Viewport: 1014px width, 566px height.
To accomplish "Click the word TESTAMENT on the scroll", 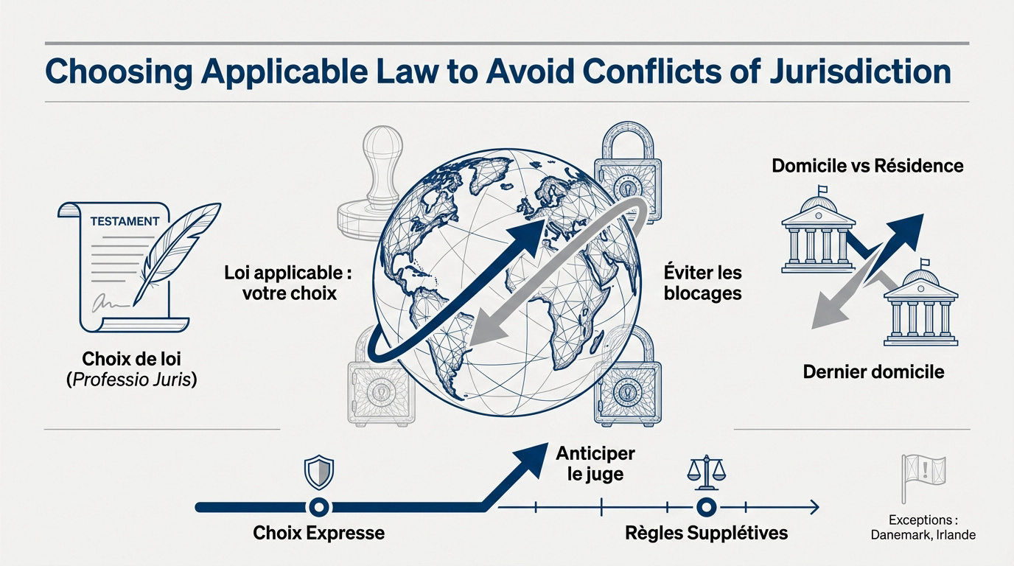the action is (125, 221).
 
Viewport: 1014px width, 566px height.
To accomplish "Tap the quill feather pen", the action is (177, 254).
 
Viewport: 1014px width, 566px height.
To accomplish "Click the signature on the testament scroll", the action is (108, 302).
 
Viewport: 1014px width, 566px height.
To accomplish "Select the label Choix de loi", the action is (131, 359).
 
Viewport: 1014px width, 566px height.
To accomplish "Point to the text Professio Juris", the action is (131, 380).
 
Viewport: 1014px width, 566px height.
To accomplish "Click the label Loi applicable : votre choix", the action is (288, 283).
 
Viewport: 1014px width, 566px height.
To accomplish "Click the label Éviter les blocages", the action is (702, 283).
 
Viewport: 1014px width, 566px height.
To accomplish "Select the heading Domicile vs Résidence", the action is (867, 166).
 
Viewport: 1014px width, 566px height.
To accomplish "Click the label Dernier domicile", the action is (874, 371).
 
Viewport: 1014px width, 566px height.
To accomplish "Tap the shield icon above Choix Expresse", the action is (318, 472).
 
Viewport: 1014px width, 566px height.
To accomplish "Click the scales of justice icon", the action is (706, 474).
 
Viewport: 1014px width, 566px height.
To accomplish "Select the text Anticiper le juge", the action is (595, 464).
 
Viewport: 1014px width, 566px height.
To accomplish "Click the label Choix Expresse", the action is (318, 533).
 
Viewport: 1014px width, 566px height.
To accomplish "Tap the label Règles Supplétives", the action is (706, 533).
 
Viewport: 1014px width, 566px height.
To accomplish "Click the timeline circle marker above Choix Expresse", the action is (318, 507).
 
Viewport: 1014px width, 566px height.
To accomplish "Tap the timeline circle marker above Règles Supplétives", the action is (705, 507).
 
